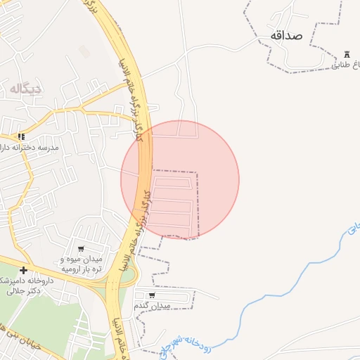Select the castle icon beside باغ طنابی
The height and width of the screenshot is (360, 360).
pos(347,55)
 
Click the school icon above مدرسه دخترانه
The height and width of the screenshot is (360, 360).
pos(22,136)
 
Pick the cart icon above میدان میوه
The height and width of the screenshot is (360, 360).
pos(81,249)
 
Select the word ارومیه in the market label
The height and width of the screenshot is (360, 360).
pos(73,269)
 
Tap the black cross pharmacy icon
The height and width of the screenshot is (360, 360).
pos(23,270)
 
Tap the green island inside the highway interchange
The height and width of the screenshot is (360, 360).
pos(127,275)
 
